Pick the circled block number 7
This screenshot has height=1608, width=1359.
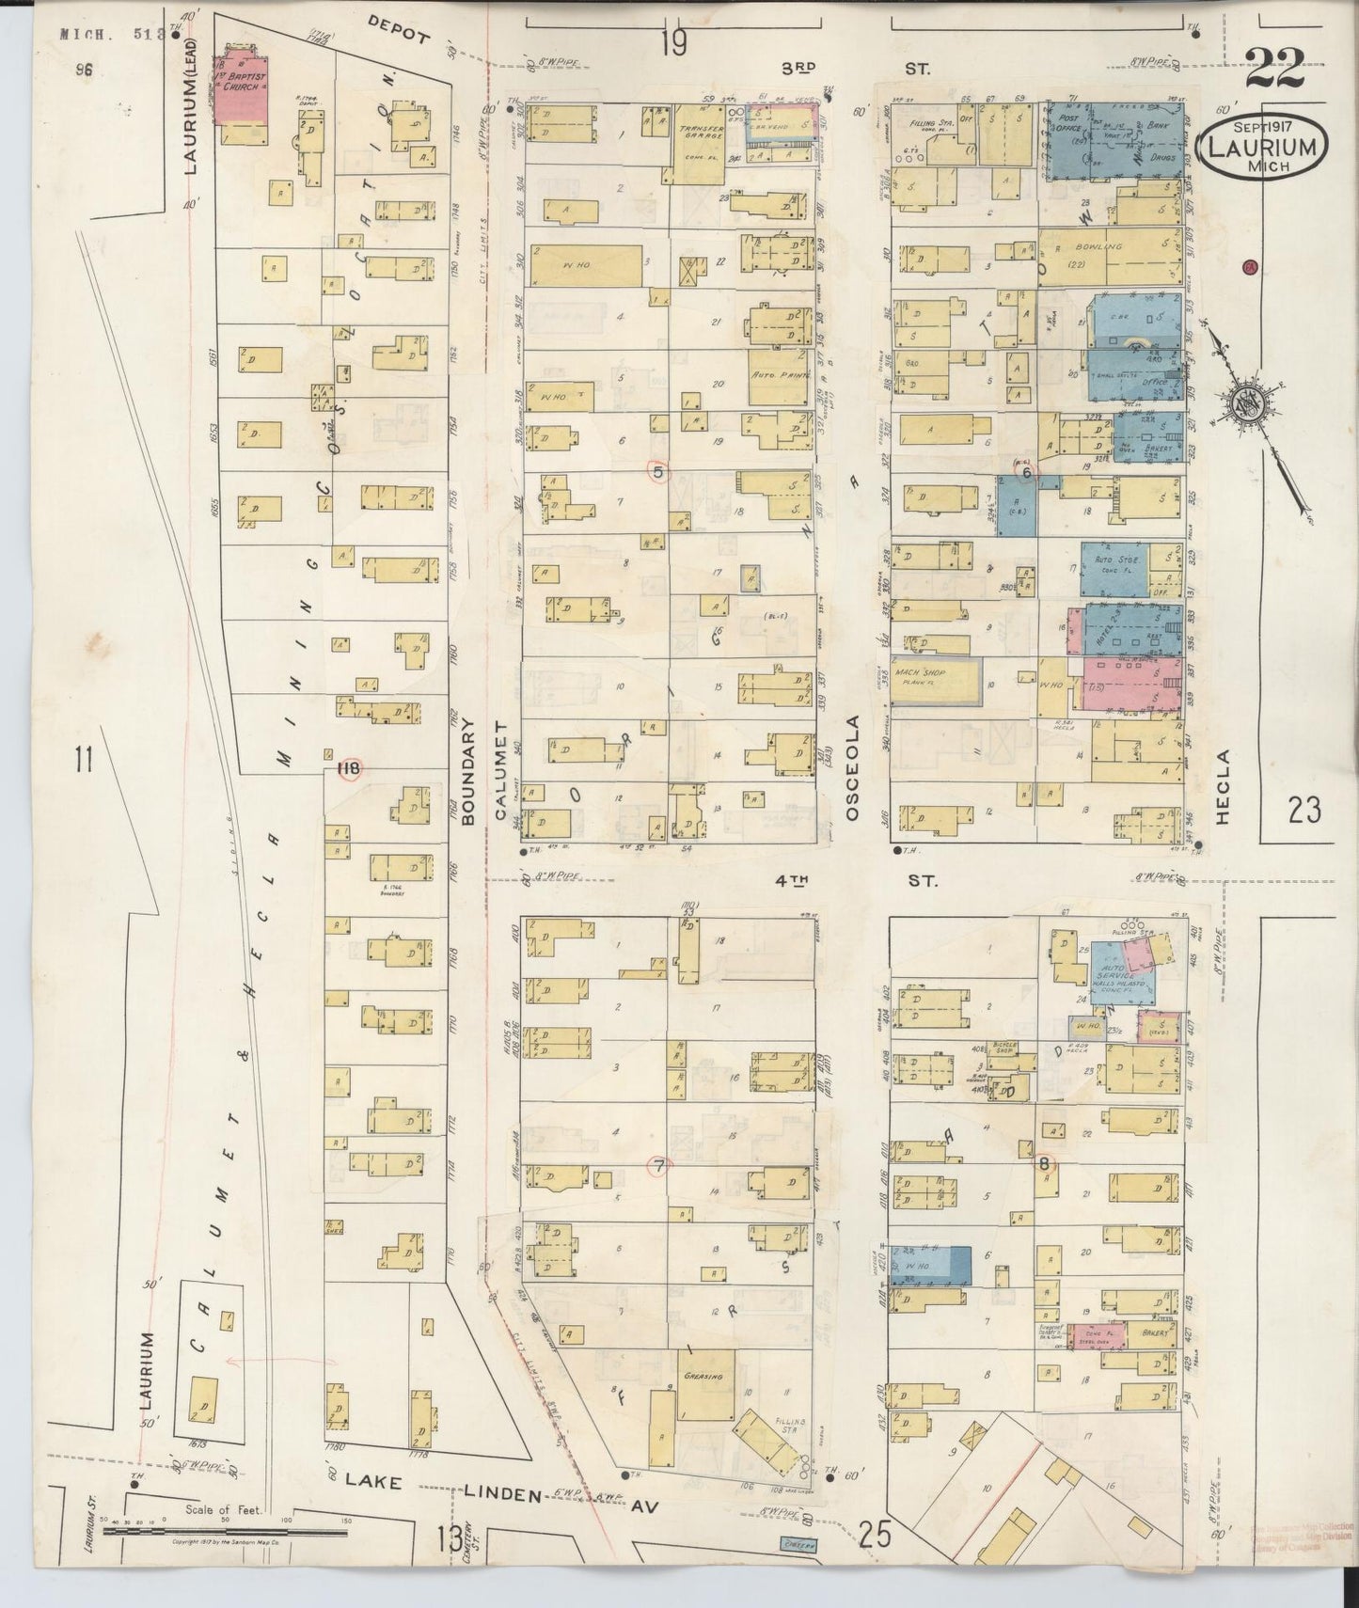pos(659,1166)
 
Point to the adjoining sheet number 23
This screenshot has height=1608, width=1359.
pos(1305,809)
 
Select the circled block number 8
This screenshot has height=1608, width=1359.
pos(1043,1163)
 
